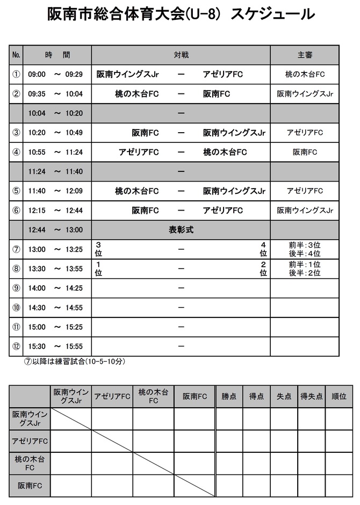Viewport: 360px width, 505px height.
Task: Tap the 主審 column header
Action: (305, 55)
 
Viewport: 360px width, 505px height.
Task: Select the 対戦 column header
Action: (181, 55)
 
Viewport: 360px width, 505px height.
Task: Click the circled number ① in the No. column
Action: (16, 74)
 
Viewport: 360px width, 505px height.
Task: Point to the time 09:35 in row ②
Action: (37, 93)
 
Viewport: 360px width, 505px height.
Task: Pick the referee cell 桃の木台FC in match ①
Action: (305, 74)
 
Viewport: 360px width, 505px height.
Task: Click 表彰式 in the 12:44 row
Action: (181, 229)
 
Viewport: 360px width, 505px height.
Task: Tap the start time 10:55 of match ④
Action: (37, 152)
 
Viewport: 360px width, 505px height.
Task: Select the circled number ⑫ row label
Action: (16, 346)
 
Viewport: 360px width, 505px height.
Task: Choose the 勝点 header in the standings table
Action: (229, 396)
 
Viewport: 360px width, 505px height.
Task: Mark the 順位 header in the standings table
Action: (339, 396)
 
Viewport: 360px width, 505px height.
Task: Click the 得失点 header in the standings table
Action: (312, 396)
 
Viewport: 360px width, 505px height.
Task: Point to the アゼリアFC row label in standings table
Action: (30, 441)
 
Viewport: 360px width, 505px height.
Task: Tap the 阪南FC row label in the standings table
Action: (30, 486)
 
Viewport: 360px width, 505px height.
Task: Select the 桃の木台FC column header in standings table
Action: (153, 396)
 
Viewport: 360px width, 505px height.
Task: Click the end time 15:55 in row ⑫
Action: (74, 346)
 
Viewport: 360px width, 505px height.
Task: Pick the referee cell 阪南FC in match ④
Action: (305, 152)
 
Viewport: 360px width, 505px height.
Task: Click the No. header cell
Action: (16, 55)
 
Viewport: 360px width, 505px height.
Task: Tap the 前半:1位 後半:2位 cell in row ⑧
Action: (305, 269)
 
